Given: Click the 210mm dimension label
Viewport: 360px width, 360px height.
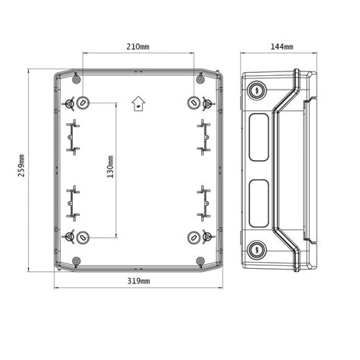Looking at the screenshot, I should [137, 47].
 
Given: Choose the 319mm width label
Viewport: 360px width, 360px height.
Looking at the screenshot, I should [137, 282].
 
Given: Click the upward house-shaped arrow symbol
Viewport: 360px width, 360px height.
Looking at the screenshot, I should [137, 103].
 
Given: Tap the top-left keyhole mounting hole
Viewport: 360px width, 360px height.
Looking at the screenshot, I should [82, 103].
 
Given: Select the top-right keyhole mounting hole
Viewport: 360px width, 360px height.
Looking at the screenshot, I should [193, 103].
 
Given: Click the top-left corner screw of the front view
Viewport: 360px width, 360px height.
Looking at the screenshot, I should [76, 78].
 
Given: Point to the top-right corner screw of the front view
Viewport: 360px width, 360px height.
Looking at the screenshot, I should [200, 78].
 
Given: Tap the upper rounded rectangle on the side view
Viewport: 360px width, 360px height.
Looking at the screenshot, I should [258, 137].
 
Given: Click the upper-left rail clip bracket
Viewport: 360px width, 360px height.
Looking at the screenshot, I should [73, 137].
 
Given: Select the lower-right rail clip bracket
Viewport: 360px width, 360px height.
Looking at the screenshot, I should [203, 201].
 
